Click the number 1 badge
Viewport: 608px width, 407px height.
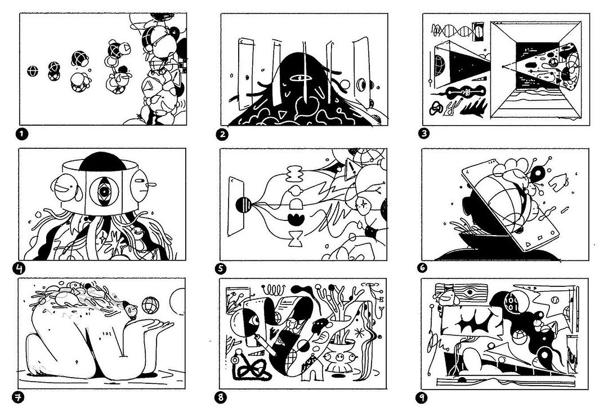pyautogui.click(x=22, y=134)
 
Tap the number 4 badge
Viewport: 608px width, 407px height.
pyautogui.click(x=19, y=268)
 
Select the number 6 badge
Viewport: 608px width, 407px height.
pyautogui.click(x=422, y=268)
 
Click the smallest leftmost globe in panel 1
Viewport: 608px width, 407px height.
pyautogui.click(x=33, y=71)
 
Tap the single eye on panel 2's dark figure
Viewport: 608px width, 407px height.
pyautogui.click(x=300, y=78)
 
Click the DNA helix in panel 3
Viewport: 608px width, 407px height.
pyautogui.click(x=454, y=30)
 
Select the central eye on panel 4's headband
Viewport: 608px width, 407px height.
pyautogui.click(x=104, y=191)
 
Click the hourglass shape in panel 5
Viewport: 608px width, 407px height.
pyautogui.click(x=296, y=238)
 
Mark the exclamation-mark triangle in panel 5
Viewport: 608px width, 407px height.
pyautogui.click(x=351, y=169)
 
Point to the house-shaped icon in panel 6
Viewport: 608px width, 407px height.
pyautogui.click(x=558, y=182)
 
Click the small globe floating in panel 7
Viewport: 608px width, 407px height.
pyautogui.click(x=150, y=306)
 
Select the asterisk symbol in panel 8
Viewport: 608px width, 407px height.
pyautogui.click(x=359, y=333)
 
